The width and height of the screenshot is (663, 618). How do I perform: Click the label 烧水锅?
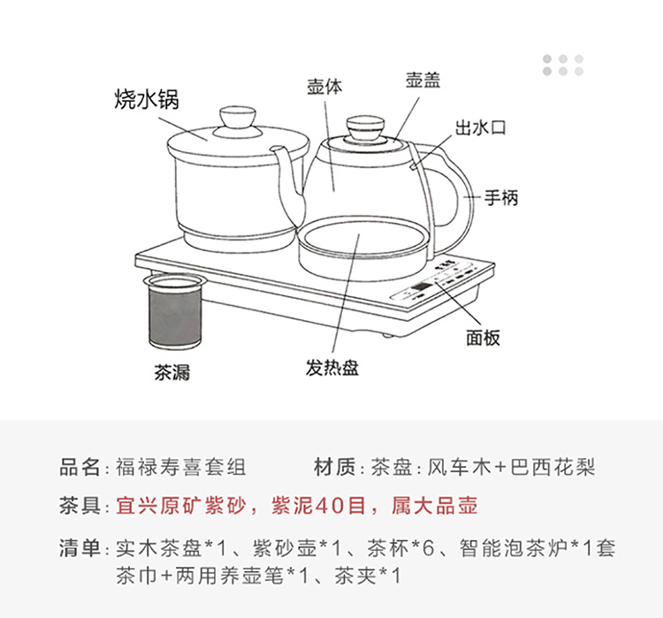147,100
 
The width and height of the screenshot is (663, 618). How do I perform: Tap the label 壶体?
324,87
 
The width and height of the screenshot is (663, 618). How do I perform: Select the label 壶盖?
423,80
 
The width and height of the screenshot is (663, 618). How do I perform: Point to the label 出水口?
481,127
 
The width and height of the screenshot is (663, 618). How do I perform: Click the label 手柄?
501,197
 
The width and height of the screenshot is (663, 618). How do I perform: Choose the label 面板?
483,337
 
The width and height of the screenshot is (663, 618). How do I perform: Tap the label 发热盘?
332,367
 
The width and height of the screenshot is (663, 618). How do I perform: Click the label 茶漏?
171,372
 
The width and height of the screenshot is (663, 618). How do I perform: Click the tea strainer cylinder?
175,311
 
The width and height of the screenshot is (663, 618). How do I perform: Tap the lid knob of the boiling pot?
238,118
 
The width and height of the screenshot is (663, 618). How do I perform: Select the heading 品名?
80,468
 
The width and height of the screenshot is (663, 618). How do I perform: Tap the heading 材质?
334,468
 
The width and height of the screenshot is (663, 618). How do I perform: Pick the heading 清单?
80,549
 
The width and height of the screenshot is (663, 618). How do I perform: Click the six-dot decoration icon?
563,65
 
